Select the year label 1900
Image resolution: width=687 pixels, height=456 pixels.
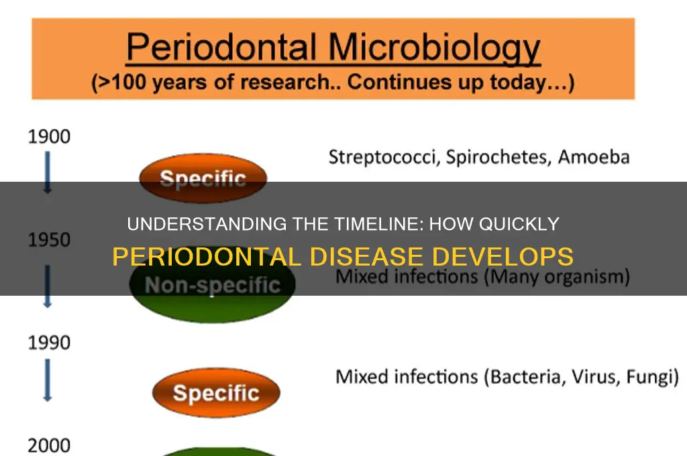point(48,137)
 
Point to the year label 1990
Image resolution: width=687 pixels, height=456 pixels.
point(48,342)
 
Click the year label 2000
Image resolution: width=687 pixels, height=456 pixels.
point(48,444)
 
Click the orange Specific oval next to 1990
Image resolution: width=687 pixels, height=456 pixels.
point(216,392)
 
